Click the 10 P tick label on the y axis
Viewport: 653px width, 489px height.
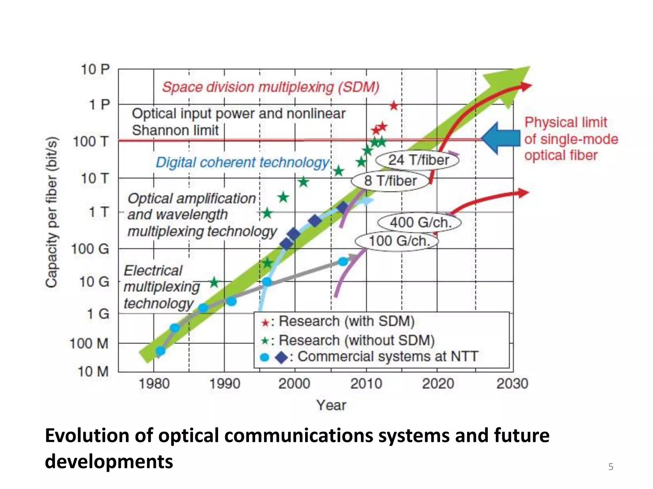click(x=95, y=69)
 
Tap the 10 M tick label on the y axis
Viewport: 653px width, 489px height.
click(x=93, y=372)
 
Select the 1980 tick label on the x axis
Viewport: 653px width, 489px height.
click(x=154, y=384)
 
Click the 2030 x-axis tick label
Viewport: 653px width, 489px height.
click(x=512, y=384)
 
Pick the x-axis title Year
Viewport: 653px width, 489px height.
click(x=331, y=405)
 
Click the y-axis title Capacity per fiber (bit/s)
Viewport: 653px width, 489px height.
click(x=51, y=212)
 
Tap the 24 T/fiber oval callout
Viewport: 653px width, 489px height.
click(x=418, y=160)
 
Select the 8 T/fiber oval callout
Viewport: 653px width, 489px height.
click(x=390, y=181)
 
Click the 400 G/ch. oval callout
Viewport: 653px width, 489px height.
click(x=420, y=222)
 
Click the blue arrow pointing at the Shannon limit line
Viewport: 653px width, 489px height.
click(x=501, y=139)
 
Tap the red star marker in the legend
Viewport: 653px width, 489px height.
click(x=265, y=323)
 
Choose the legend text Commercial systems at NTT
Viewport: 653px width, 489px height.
click(x=388, y=357)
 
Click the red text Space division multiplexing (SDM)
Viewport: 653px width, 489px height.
click(x=271, y=87)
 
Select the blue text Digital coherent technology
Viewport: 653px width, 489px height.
click(x=242, y=162)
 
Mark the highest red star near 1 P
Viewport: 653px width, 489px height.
click(x=394, y=105)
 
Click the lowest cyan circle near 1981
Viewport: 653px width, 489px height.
click(x=160, y=351)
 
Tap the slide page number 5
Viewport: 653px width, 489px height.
click(x=611, y=467)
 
